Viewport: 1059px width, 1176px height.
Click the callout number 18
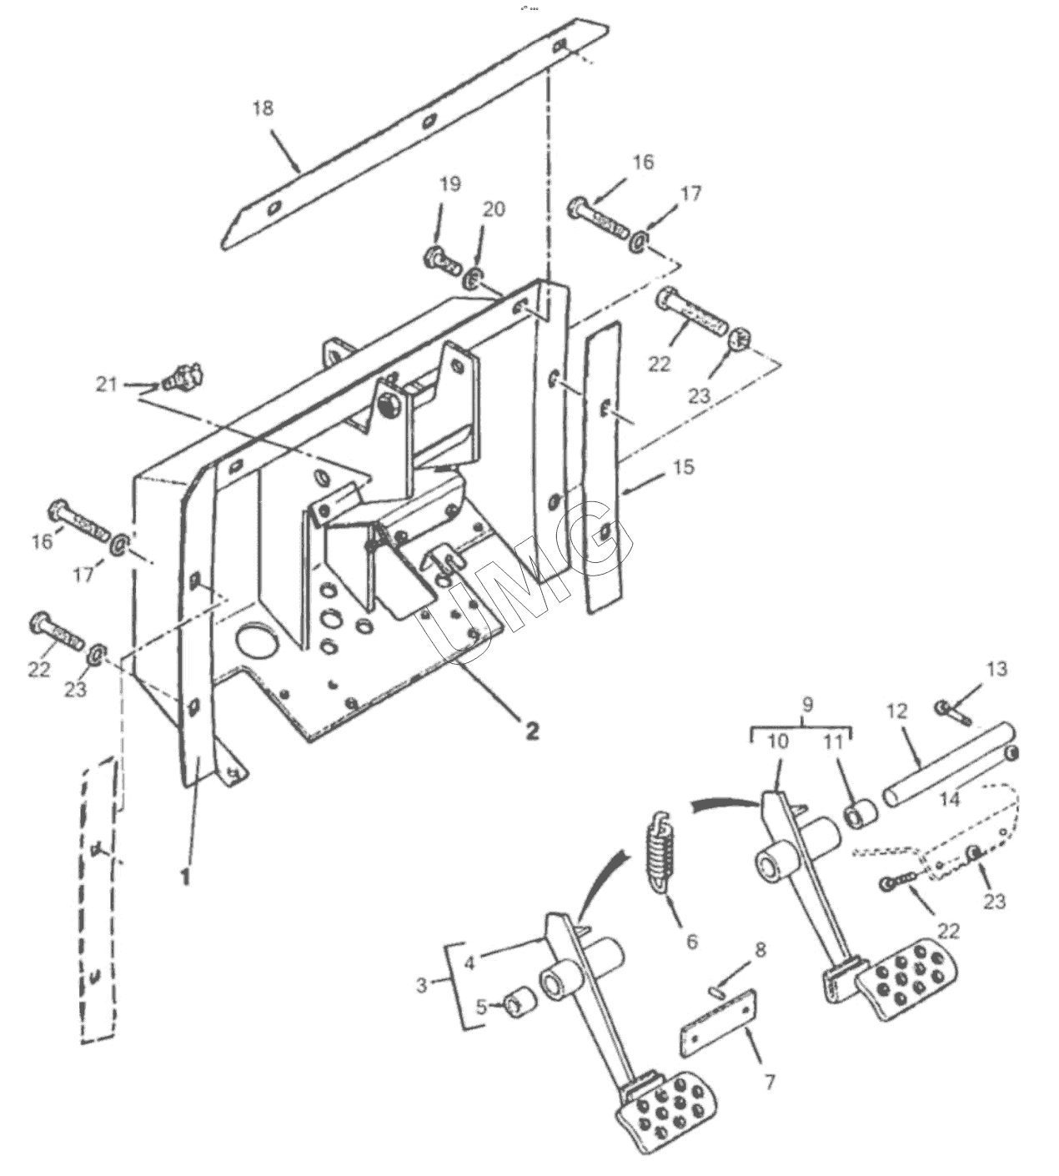coord(263,108)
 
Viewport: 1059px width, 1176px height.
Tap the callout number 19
coord(449,184)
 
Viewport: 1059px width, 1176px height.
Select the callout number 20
coord(494,209)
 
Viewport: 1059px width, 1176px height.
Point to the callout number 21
coord(107,384)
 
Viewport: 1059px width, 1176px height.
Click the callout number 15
coord(684,467)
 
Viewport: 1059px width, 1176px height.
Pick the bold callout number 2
coord(532,731)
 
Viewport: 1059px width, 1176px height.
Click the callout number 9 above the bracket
coord(807,705)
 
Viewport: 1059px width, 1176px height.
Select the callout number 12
coord(897,711)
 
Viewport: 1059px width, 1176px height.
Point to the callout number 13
coord(996,669)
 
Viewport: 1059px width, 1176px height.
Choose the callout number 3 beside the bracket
coord(422,986)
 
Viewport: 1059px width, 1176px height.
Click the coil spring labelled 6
coord(660,849)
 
